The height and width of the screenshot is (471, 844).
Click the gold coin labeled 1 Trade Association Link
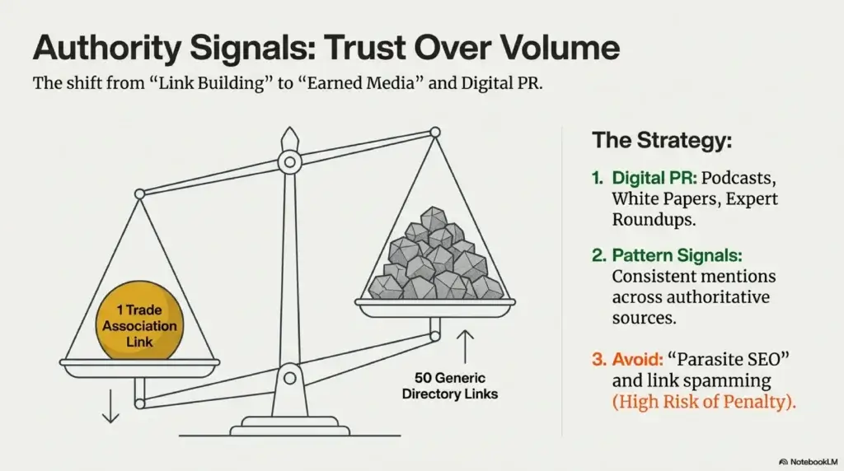tap(139, 320)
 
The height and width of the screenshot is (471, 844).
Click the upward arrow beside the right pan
tap(465, 347)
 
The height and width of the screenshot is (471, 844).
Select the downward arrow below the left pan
tap(110, 406)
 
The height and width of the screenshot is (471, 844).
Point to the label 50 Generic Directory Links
tap(449, 386)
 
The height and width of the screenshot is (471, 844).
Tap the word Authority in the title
tap(107, 49)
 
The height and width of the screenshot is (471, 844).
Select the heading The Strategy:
tap(662, 140)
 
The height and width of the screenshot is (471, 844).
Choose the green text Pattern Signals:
tap(677, 255)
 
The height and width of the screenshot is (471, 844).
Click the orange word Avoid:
tap(637, 359)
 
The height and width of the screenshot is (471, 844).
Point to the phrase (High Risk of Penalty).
tap(704, 402)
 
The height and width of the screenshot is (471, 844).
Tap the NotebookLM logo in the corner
tap(808, 462)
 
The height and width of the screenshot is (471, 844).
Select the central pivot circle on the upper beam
tap(289, 162)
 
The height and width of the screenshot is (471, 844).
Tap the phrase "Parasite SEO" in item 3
tap(729, 359)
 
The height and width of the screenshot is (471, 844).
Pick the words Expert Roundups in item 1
tap(695, 209)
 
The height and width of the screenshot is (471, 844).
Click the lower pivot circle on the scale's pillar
tap(289, 378)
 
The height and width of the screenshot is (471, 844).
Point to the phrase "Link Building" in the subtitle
tap(211, 84)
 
